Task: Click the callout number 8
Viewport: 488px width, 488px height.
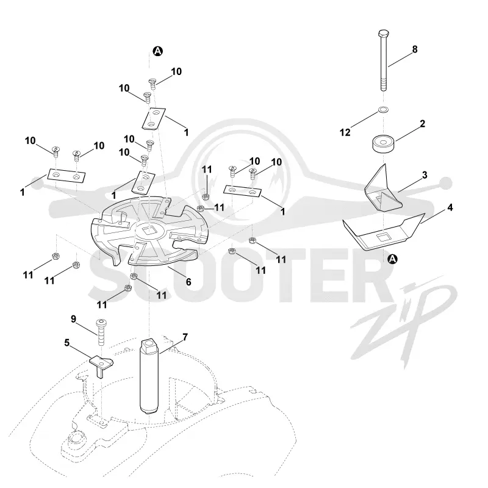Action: click(x=415, y=49)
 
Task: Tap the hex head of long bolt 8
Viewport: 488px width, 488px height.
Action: click(x=384, y=33)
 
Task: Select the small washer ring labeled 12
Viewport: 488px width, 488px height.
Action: click(x=384, y=110)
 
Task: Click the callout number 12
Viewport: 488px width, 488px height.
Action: click(x=345, y=132)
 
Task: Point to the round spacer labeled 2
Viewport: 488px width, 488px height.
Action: click(x=384, y=144)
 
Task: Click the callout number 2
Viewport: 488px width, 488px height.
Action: click(x=422, y=124)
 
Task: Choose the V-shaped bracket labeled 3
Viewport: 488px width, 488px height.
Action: click(x=383, y=190)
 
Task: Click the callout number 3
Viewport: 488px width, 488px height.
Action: click(x=425, y=174)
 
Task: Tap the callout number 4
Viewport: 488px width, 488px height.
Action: click(x=450, y=207)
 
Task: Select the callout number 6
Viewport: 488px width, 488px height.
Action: click(x=188, y=282)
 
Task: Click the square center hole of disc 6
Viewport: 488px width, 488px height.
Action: click(x=147, y=231)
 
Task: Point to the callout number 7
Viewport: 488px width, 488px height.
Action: click(x=185, y=337)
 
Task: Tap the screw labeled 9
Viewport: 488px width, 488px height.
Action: click(x=101, y=332)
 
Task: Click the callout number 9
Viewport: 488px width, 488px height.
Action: click(x=73, y=319)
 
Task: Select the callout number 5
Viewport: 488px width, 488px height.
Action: click(x=67, y=343)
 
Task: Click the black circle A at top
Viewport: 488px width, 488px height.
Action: click(x=158, y=51)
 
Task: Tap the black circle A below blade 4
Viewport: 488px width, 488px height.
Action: click(x=393, y=259)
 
